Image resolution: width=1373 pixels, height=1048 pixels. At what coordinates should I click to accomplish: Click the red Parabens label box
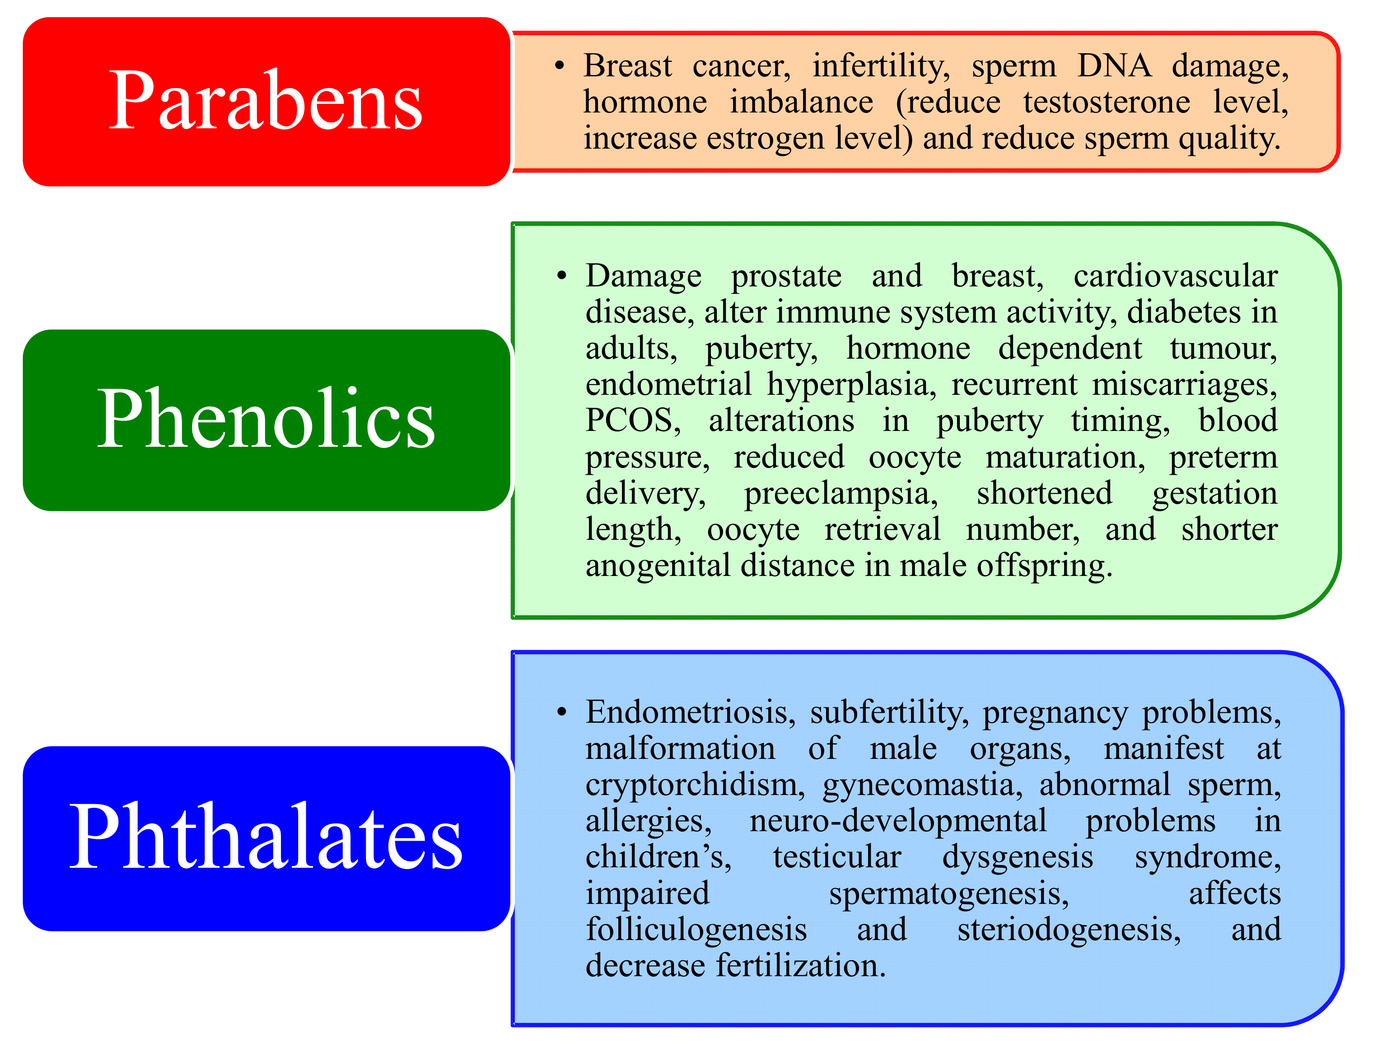pyautogui.click(x=266, y=101)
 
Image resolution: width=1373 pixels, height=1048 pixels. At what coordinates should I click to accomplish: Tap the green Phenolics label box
pyautogui.click(x=266, y=420)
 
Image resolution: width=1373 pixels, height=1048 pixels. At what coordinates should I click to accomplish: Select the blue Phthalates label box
pyautogui.click(x=266, y=838)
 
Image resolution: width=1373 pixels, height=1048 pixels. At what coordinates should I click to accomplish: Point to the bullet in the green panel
pyautogui.click(x=561, y=276)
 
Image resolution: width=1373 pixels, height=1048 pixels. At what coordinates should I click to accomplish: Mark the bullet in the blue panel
pyautogui.click(x=561, y=712)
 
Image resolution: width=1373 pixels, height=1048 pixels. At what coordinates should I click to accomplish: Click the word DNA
pyautogui.click(x=1114, y=65)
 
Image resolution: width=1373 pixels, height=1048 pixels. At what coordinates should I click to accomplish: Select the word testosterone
pyautogui.click(x=1107, y=102)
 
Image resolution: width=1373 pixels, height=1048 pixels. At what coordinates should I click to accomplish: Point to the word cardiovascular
pyautogui.click(x=1175, y=276)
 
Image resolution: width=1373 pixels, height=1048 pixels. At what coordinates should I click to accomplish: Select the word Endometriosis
pyautogui.click(x=690, y=712)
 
